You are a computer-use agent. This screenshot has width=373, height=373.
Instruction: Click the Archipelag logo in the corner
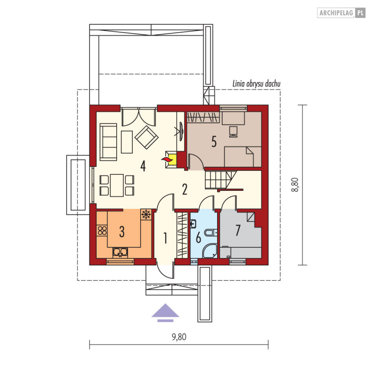(x=341, y=13)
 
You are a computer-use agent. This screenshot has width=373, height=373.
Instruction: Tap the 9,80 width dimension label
(x=179, y=337)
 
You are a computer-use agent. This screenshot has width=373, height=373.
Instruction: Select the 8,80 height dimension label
(x=295, y=185)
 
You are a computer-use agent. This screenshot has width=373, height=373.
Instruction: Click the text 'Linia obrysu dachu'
(x=256, y=84)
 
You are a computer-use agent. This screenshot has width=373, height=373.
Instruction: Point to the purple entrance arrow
(x=165, y=313)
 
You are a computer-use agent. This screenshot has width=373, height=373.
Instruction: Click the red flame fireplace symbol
(x=166, y=159)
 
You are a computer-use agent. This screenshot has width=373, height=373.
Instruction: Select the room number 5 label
(x=214, y=142)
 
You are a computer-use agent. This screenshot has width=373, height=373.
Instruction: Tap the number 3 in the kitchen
(x=122, y=231)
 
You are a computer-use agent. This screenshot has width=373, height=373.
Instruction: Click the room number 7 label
(x=238, y=230)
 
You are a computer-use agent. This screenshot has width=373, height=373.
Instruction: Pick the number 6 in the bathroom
(x=198, y=238)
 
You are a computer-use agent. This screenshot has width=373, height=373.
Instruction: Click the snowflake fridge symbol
(x=146, y=214)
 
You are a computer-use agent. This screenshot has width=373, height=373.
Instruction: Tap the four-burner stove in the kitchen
(x=102, y=231)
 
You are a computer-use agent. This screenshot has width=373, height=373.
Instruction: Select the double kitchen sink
(x=120, y=252)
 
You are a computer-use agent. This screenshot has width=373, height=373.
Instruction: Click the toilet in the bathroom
(x=211, y=233)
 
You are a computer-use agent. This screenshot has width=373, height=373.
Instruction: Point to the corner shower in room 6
(x=210, y=251)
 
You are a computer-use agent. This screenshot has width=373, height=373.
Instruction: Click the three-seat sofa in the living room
(x=108, y=142)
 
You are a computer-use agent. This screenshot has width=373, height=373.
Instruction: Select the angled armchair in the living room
(x=147, y=137)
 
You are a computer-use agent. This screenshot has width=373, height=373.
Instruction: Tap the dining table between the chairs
(x=117, y=185)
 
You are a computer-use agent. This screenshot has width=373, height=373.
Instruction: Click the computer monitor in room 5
(x=233, y=132)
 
